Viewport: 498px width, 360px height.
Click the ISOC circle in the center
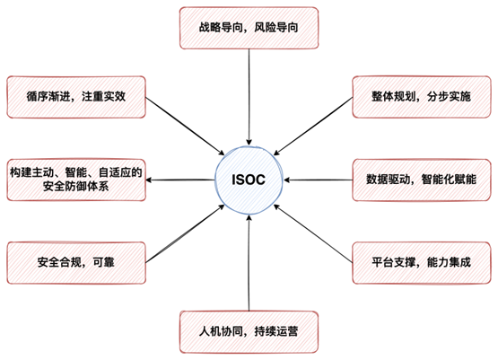[x=249, y=180]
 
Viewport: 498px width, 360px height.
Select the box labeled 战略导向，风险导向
[x=249, y=28]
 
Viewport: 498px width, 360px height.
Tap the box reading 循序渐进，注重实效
[x=76, y=97]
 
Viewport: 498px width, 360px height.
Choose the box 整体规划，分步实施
[x=422, y=97]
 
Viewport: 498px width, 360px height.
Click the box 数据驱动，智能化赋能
[x=422, y=180]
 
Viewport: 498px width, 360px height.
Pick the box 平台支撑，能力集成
[x=422, y=263]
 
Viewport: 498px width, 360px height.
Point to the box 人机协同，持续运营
[x=249, y=332]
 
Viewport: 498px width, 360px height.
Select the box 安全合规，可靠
[x=76, y=263]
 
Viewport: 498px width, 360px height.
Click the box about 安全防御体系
[x=76, y=180]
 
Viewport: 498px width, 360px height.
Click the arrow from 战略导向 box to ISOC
[x=249, y=97]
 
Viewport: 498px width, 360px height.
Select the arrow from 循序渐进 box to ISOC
[x=185, y=127]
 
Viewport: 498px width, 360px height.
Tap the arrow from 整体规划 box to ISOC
[x=313, y=127]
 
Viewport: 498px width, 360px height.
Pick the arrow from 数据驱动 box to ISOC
[x=318, y=180]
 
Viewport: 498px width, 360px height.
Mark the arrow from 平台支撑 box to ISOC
[x=313, y=233]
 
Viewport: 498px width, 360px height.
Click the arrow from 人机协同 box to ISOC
[x=249, y=263]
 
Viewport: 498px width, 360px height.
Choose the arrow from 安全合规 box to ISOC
[x=185, y=233]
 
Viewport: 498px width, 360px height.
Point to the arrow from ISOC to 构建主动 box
[x=180, y=180]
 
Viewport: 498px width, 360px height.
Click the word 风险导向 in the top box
[x=276, y=28]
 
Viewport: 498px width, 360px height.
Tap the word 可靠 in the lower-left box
[x=103, y=262]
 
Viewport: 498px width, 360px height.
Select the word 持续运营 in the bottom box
[x=276, y=332]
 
